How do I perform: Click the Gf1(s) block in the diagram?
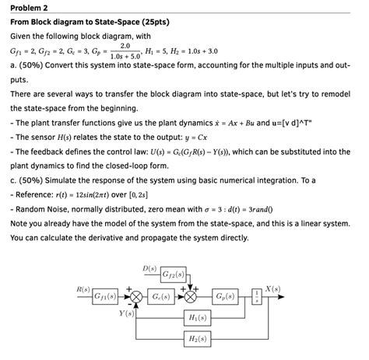tap(104, 297)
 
